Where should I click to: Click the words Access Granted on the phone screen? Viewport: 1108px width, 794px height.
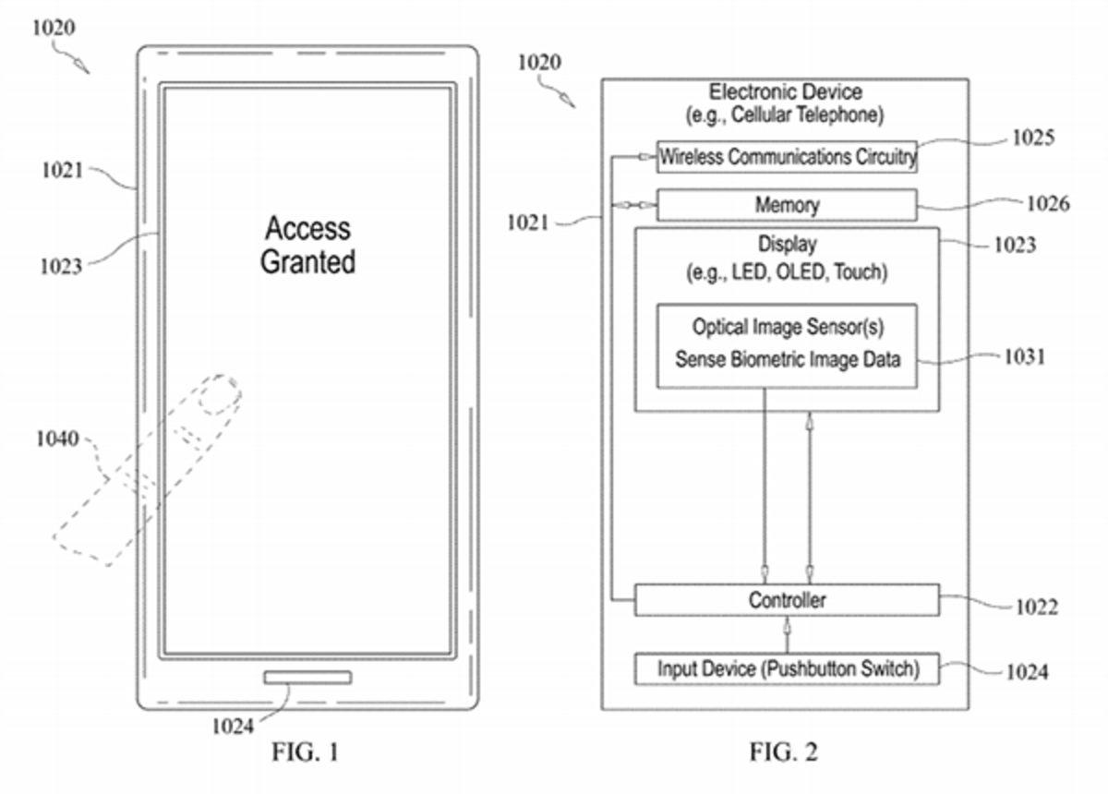click(307, 245)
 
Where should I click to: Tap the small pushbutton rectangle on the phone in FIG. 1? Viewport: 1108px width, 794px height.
click(307, 678)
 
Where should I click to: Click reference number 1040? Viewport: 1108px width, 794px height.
click(57, 439)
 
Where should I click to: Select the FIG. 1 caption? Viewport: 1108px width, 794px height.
click(306, 752)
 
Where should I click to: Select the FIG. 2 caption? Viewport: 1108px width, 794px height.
click(784, 752)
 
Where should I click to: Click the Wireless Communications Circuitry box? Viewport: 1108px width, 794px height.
click(787, 157)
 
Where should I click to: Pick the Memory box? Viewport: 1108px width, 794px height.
click(787, 205)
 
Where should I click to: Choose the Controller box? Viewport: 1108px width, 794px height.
click(787, 600)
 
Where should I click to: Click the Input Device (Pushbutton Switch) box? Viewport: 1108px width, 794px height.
click(787, 668)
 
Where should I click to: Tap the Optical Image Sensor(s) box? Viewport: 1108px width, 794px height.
click(787, 344)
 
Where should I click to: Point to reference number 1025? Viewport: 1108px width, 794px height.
click(1032, 138)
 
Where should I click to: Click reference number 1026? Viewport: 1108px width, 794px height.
click(1047, 203)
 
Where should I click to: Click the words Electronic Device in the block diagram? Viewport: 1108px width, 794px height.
click(785, 92)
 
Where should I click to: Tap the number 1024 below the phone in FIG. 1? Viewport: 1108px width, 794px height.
click(232, 727)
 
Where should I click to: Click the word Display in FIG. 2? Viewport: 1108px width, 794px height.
click(787, 246)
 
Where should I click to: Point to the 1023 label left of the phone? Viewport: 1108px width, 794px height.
click(61, 267)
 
